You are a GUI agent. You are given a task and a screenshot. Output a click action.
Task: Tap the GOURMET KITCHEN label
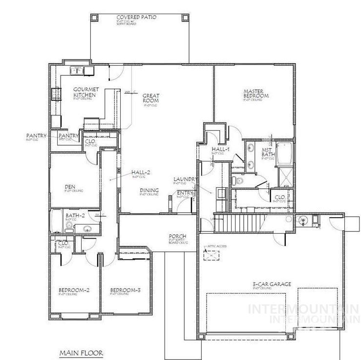pos(86,92)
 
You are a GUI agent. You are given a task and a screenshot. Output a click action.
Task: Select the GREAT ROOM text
pos(151,98)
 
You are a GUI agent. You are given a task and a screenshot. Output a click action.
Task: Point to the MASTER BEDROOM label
pos(256,93)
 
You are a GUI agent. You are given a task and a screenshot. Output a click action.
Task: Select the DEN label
pos(69,186)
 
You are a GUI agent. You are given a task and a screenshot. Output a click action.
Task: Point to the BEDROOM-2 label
pos(71,290)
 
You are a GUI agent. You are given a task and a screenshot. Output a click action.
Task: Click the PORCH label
pos(176,236)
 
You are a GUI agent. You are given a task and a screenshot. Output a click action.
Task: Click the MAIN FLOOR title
pos(81,352)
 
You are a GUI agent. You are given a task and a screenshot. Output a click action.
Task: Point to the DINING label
pos(149,191)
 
